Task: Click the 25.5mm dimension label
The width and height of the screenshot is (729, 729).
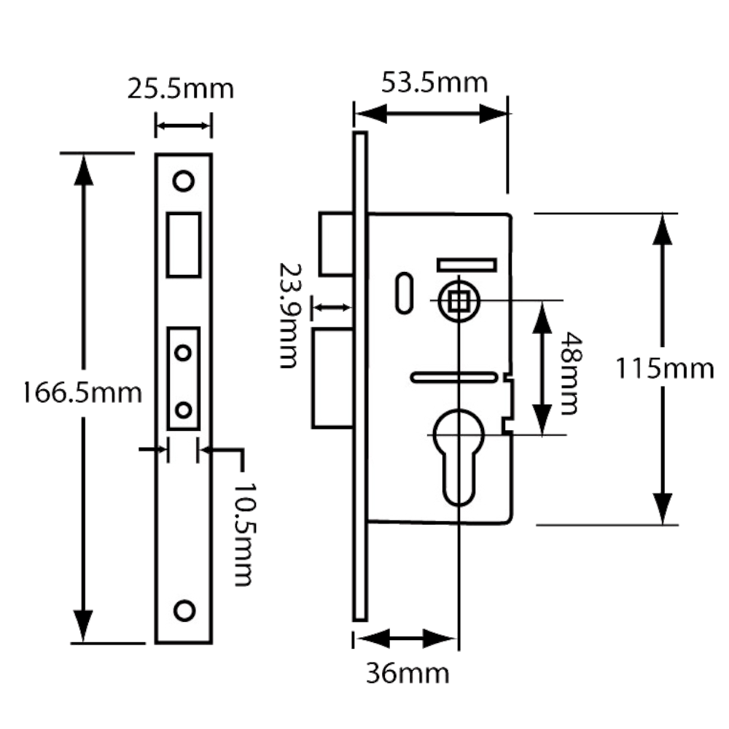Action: [180, 89]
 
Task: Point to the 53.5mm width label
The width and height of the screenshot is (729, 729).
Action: [434, 83]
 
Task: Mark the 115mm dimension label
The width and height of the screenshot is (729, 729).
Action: [663, 368]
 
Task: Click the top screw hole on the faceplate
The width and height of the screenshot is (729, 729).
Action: [183, 179]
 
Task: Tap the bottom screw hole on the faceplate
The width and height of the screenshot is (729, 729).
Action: [184, 610]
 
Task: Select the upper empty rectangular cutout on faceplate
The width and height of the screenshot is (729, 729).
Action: [184, 243]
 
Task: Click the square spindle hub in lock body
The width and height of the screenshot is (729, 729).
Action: [458, 300]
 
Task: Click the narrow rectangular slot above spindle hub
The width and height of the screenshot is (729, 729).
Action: [466, 264]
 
